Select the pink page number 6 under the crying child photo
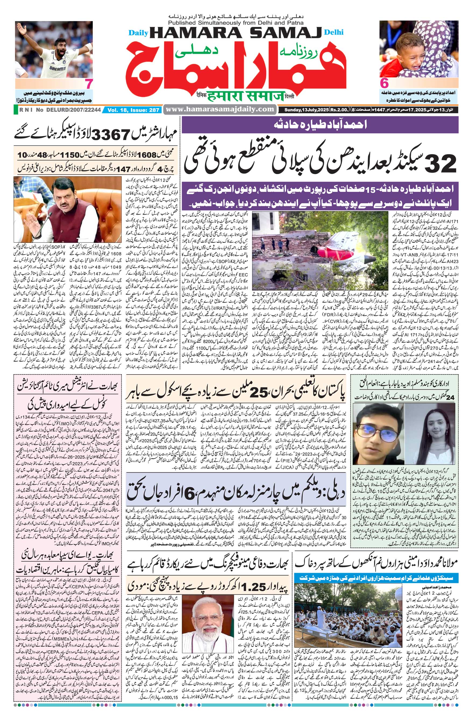[384, 83]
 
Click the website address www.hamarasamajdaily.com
[220, 109]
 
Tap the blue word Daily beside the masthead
[137, 33]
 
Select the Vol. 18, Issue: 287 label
[133, 110]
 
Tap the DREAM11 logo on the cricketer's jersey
[58, 69]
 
